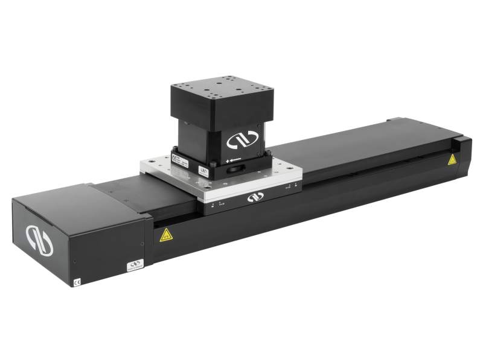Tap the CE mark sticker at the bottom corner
coord(77,281)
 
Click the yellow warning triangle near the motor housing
coord(164,235)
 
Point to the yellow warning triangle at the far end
coord(452,159)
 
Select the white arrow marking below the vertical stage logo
coord(233,162)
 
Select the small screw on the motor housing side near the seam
coord(142,244)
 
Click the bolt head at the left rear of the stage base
coord(175,149)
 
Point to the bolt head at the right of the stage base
coord(266,151)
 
